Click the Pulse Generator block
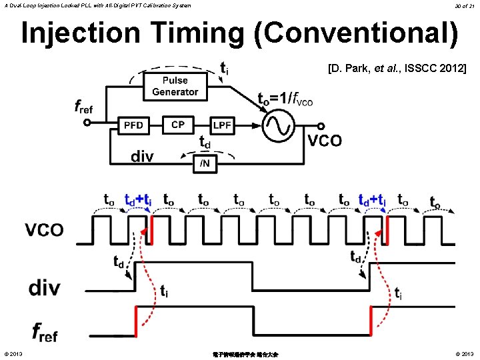175,87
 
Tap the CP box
177,125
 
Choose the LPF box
222,125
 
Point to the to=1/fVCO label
285,99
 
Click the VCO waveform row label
44,230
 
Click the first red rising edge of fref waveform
136,321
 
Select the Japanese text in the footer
240,354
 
